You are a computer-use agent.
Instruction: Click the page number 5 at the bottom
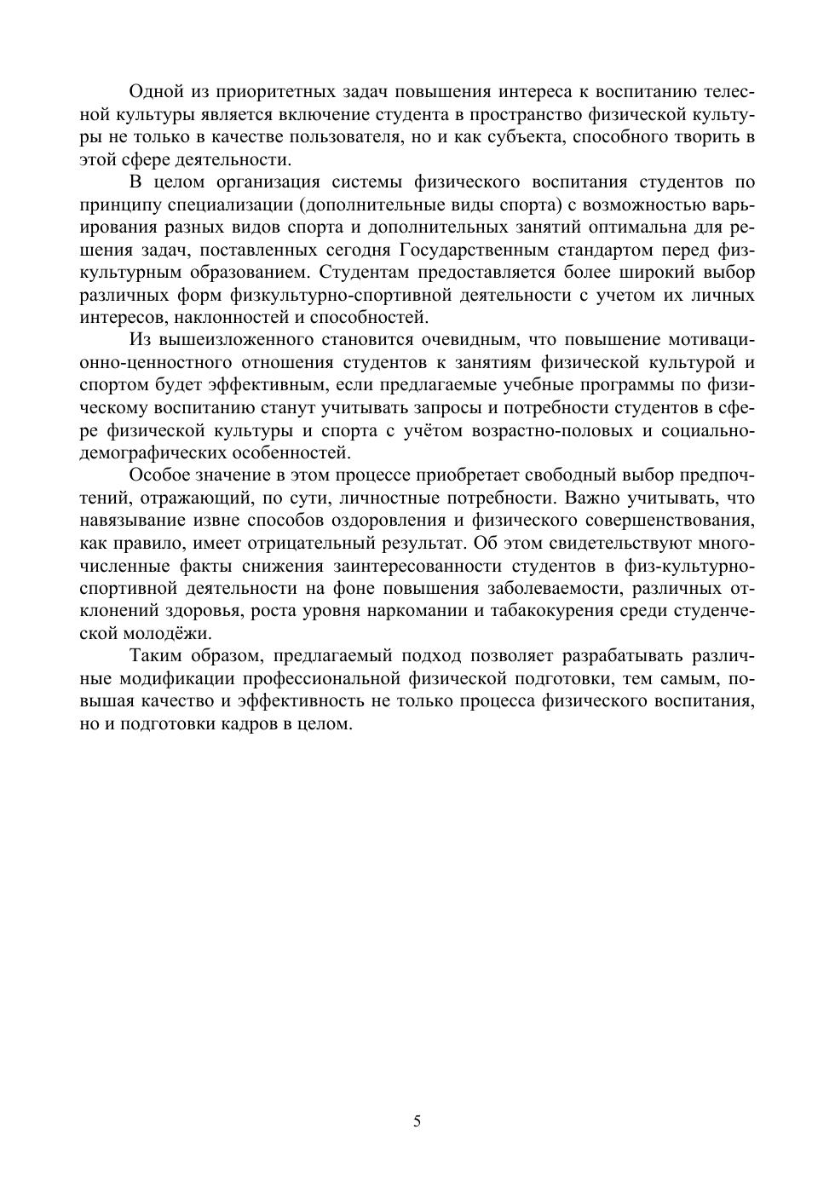point(417,1121)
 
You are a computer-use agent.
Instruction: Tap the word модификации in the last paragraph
point(176,678)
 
